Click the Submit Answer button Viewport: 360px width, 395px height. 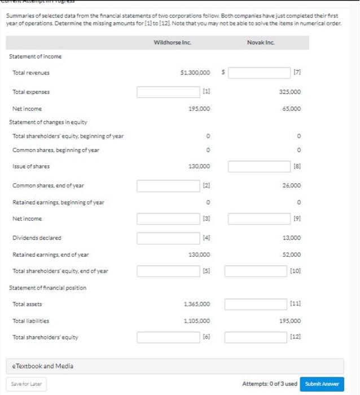click(x=322, y=384)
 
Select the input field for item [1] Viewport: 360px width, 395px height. click(x=169, y=91)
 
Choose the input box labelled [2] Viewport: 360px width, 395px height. click(x=169, y=186)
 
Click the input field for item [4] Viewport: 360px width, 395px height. click(x=169, y=238)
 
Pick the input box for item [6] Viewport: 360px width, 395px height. click(x=169, y=337)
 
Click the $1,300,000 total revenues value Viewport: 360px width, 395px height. click(x=195, y=73)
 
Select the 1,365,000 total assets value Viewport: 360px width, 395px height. click(x=197, y=304)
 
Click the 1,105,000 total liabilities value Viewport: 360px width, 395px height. click(x=197, y=321)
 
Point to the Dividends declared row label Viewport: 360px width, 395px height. click(x=37, y=238)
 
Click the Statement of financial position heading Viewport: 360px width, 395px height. click(x=48, y=288)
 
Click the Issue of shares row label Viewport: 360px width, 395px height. click(x=31, y=166)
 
